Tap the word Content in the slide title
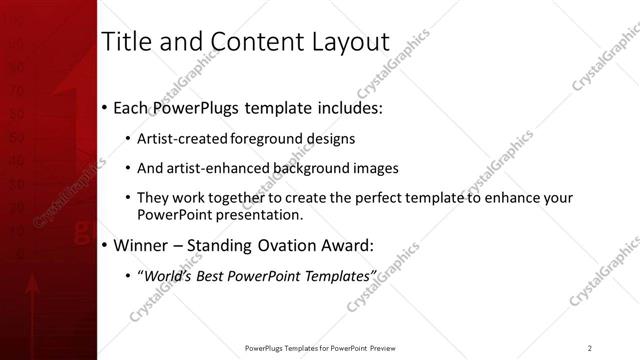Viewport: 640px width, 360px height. tap(246, 42)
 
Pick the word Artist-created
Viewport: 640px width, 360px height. tap(178, 139)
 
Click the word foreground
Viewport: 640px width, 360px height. tap(257, 139)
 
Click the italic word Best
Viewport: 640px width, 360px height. tap(209, 275)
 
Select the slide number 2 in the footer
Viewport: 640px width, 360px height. tap(590, 347)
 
